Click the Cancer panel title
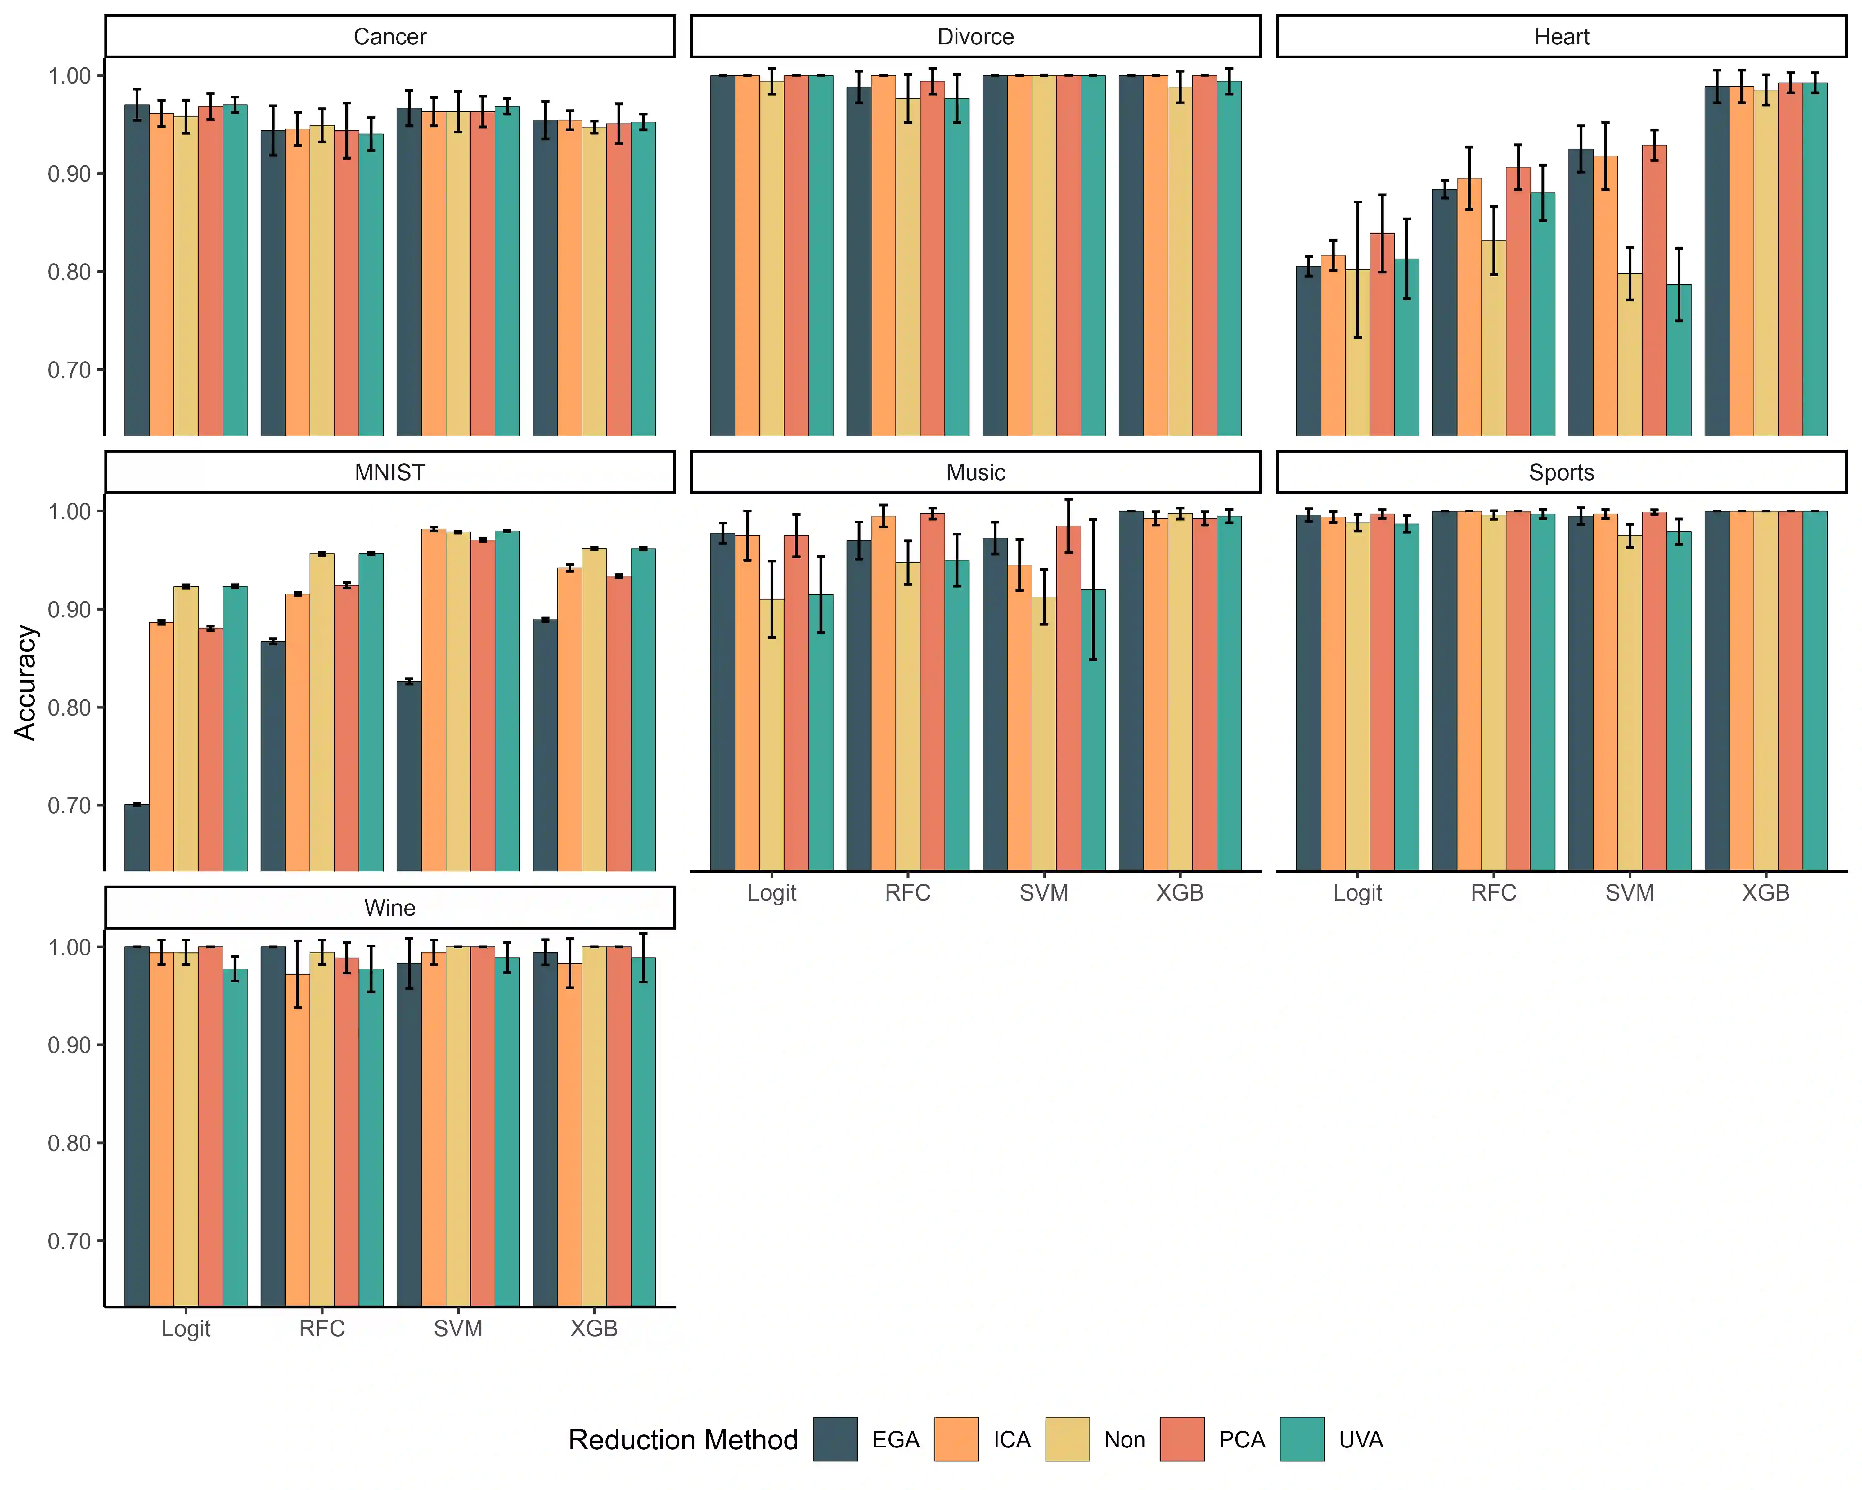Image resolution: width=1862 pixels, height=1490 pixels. [x=389, y=36]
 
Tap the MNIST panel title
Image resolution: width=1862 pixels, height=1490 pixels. [x=389, y=472]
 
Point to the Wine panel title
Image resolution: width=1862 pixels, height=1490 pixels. [x=389, y=908]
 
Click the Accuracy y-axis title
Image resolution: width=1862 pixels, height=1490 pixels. [x=26, y=682]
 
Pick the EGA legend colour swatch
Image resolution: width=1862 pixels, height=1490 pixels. [x=835, y=1439]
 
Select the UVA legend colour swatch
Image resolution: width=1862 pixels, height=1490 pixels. [x=1302, y=1439]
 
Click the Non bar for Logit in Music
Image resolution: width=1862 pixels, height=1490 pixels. [x=771, y=734]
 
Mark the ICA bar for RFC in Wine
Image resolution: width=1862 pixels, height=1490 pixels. [x=297, y=1140]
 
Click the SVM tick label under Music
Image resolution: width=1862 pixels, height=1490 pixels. [x=1043, y=892]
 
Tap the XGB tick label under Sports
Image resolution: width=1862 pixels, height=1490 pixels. [x=1765, y=892]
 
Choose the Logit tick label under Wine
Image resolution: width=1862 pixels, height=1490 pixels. [x=186, y=1329]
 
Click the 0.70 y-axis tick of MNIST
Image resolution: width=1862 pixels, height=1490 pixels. [x=69, y=806]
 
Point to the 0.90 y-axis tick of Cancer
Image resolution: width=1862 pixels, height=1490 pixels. [x=69, y=174]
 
